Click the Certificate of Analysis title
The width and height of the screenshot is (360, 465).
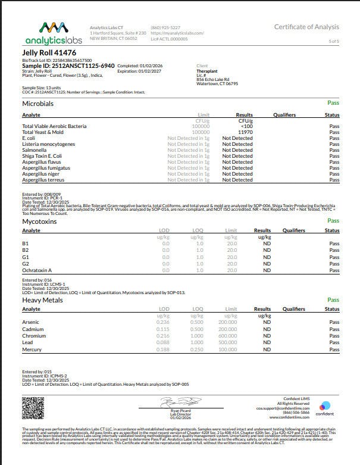tap(306, 27)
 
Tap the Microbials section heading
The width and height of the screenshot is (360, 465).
tap(38, 104)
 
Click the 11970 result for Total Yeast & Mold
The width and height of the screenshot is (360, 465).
tap(237, 132)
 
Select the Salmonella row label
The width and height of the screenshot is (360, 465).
tap(35, 150)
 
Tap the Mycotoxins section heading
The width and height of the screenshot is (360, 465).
tap(40, 221)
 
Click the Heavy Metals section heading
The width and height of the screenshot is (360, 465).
tap(43, 299)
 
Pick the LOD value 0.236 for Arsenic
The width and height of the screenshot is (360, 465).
tap(163, 322)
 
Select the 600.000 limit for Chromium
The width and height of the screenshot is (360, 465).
tap(227, 336)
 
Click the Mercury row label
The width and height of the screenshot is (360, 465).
tap(32, 350)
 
